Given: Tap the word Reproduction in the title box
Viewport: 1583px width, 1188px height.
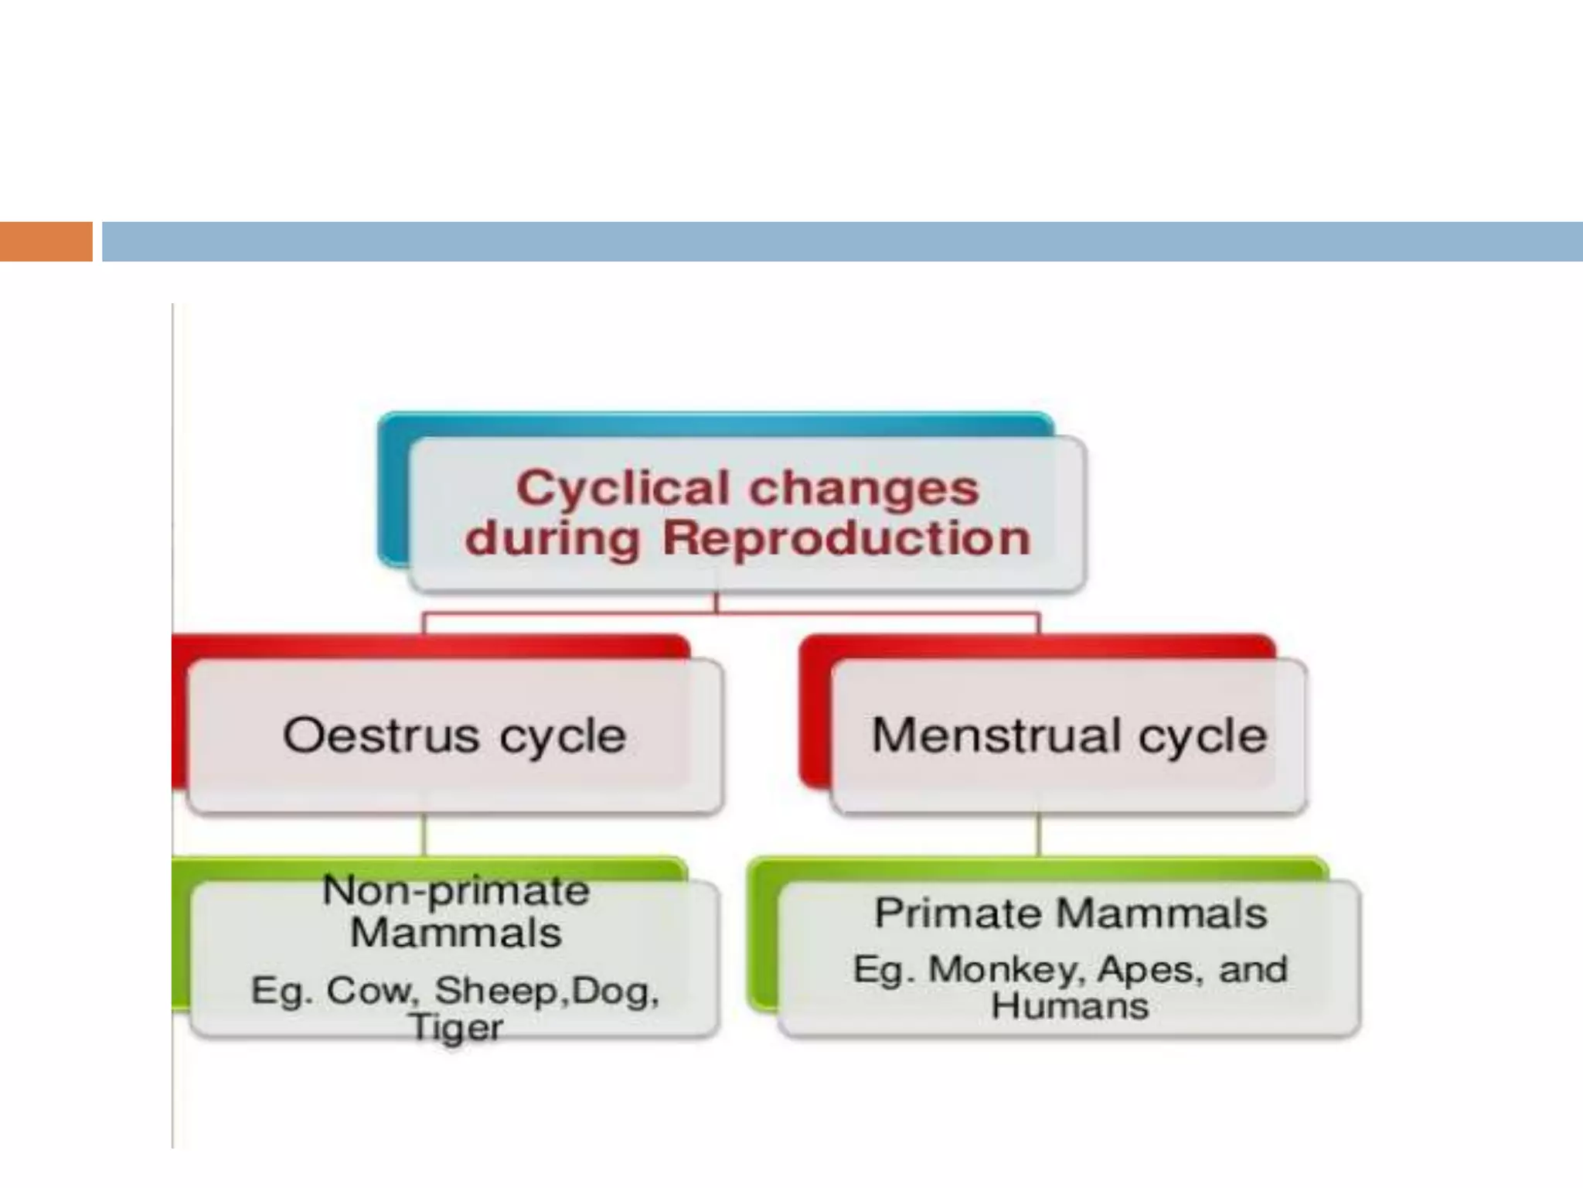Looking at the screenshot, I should [x=846, y=538].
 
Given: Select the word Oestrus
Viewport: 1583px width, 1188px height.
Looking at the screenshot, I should [x=381, y=735].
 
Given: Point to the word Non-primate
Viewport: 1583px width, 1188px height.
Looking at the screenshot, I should [x=456, y=890].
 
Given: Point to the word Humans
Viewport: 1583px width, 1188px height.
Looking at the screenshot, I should [x=1070, y=1006].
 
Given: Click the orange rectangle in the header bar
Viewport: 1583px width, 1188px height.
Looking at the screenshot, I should [x=46, y=241].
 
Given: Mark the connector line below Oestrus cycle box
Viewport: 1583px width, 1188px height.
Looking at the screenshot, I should [x=424, y=835].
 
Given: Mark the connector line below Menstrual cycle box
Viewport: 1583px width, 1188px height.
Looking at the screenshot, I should [x=1038, y=835].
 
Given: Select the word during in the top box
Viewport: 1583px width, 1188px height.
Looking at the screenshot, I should [x=553, y=538].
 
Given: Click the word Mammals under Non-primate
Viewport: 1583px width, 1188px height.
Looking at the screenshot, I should [x=456, y=933].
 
